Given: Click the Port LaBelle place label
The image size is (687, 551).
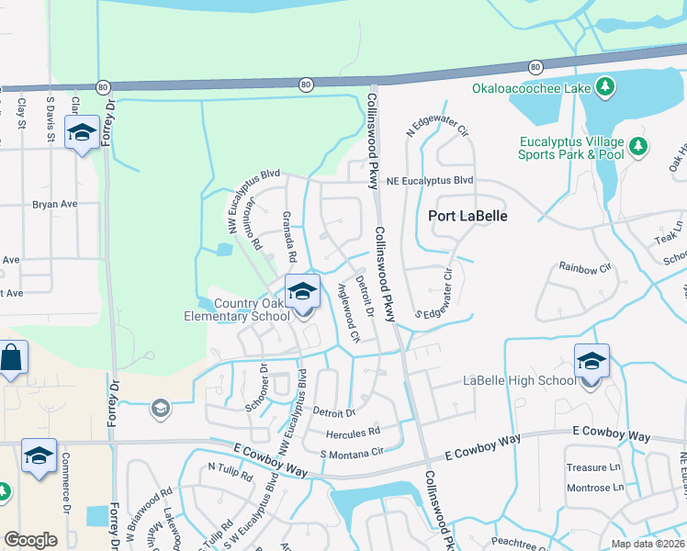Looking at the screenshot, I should tap(468, 217).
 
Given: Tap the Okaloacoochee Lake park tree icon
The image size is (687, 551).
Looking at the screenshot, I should tap(605, 87).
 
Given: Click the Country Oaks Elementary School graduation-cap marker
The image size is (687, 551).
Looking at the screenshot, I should tap(302, 292).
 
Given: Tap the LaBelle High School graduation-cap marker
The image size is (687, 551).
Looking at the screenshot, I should tap(592, 361).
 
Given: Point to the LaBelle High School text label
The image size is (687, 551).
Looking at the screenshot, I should tap(519, 380).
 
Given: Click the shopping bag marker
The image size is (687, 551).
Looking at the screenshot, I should tap(12, 358).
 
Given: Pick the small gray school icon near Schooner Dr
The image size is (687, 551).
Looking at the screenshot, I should tap(161, 408).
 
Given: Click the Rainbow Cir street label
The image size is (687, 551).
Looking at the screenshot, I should tap(585, 268).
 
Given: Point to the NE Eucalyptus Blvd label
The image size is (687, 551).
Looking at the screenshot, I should tap(429, 181).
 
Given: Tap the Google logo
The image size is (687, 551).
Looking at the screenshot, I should tap(30, 539).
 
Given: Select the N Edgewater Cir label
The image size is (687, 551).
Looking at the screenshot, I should tap(442, 132).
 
